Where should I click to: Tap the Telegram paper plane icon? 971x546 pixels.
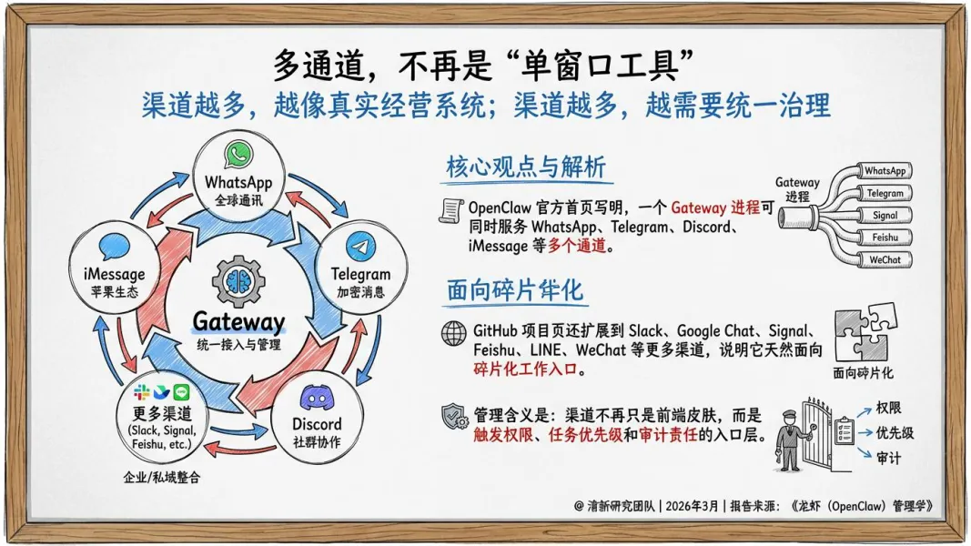[360, 247]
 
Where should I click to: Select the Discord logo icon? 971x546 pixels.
[317, 398]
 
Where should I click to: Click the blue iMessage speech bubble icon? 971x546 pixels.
[115, 248]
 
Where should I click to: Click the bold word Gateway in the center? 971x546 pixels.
[238, 322]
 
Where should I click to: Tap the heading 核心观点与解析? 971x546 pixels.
[525, 168]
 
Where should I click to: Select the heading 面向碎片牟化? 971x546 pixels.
[514, 291]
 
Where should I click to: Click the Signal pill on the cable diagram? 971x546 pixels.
[884, 216]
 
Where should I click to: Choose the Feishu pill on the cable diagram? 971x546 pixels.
[884, 238]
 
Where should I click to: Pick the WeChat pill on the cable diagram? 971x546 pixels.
[884, 259]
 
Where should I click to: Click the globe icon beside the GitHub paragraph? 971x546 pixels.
[453, 333]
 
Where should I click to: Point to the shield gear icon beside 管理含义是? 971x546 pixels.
[453, 418]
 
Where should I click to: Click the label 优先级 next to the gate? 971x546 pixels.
[895, 433]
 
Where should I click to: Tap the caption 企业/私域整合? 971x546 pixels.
[162, 477]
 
